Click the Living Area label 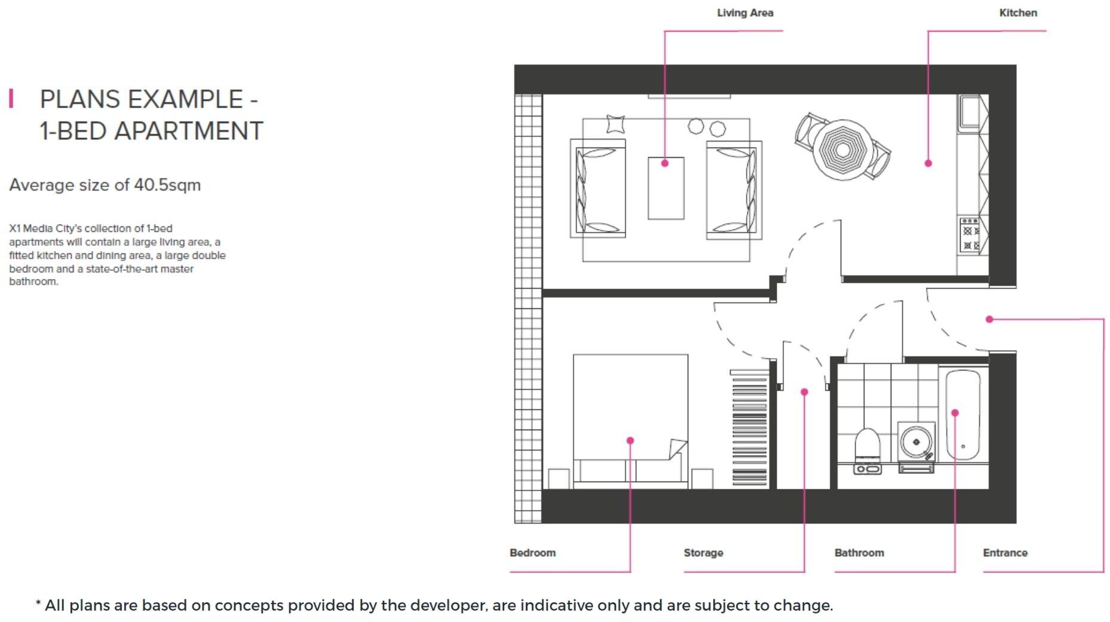click(744, 13)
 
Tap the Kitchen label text click(1017, 13)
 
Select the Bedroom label click(532, 553)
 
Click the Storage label click(703, 553)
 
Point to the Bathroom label click(858, 553)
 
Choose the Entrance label click(1005, 553)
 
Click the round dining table click(842, 149)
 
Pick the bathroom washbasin click(916, 443)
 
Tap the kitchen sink click(970, 112)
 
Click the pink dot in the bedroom click(630, 440)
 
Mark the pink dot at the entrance click(989, 319)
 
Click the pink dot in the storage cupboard click(804, 392)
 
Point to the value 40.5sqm click(167, 185)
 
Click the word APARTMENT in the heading click(188, 131)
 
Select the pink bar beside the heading click(11, 99)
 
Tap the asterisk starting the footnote click(38, 605)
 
